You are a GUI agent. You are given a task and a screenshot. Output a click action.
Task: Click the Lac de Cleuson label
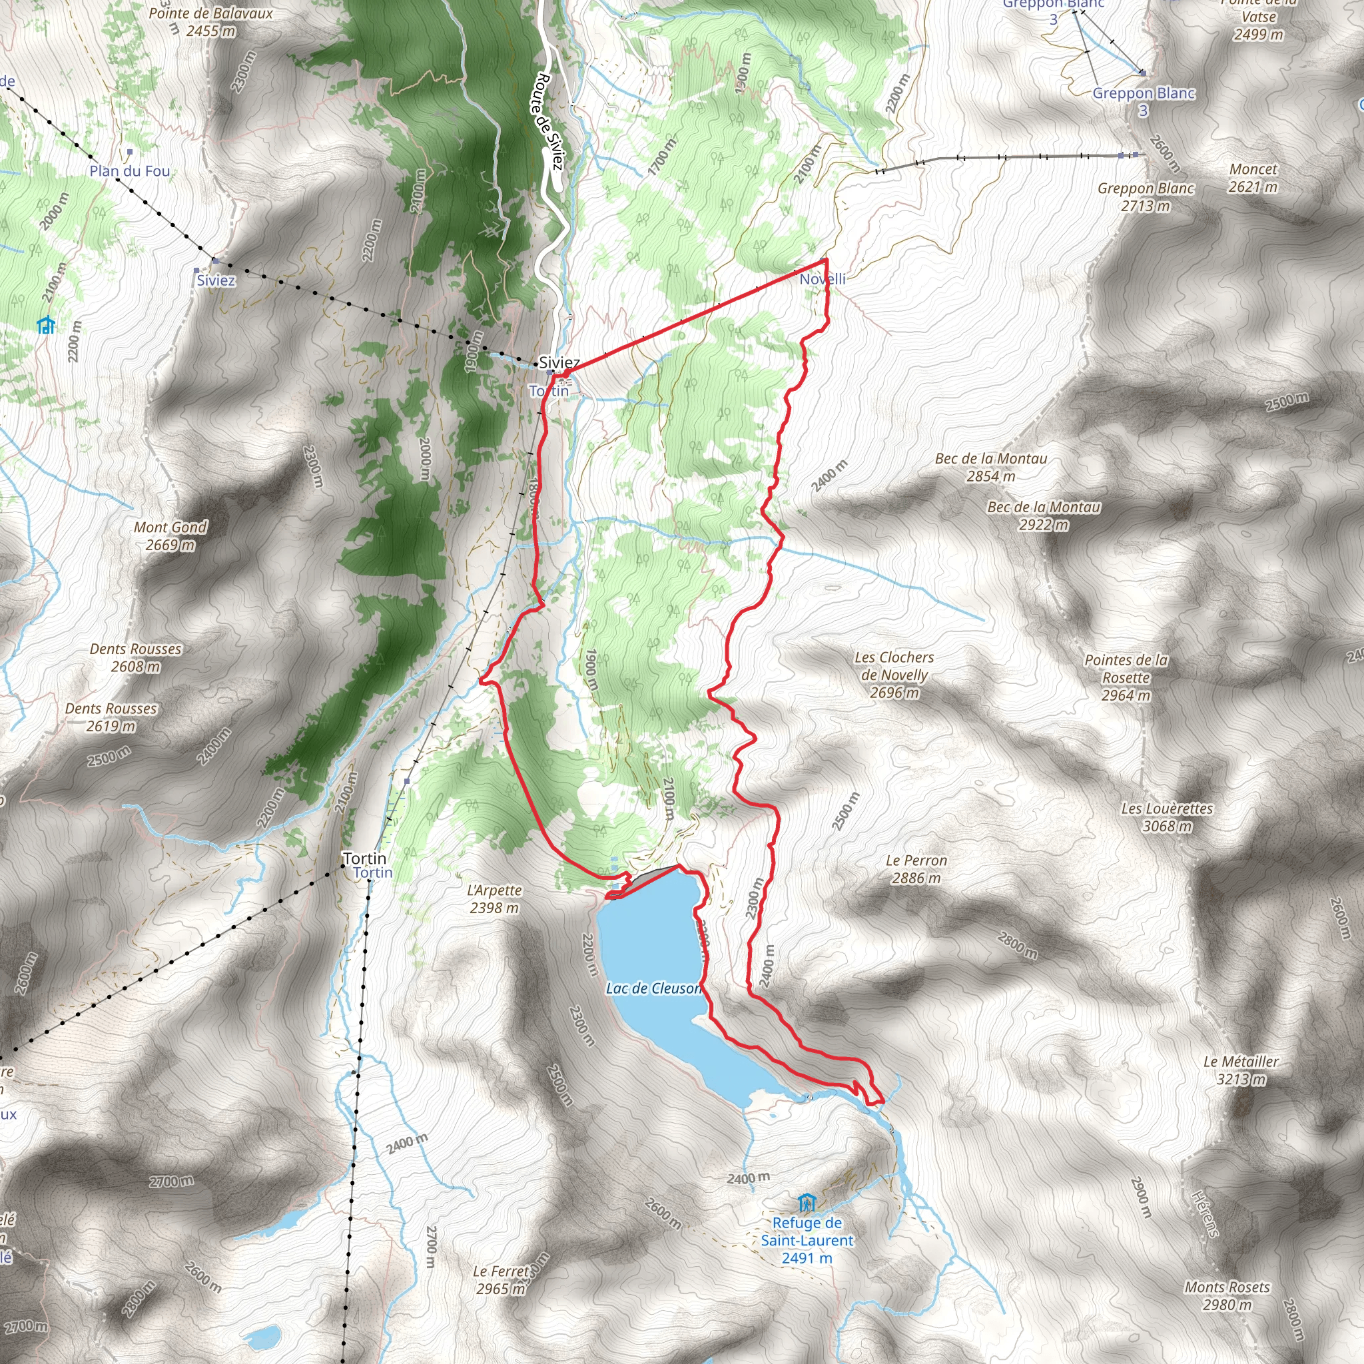pyautogui.click(x=654, y=988)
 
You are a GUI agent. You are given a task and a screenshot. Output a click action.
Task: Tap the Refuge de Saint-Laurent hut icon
pyautogui.click(x=807, y=1202)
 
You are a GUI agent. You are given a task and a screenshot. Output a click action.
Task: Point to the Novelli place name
pyautogui.click(x=823, y=279)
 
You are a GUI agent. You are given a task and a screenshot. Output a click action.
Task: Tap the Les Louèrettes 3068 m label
pyautogui.click(x=1167, y=817)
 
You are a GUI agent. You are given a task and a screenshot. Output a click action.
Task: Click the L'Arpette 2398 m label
pyautogui.click(x=494, y=898)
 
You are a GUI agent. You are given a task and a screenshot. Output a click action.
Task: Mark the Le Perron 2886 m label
pyautogui.click(x=916, y=869)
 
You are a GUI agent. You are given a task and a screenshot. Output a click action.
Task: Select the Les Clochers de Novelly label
pyautogui.click(x=894, y=675)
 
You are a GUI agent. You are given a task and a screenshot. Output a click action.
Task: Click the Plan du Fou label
pyautogui.click(x=130, y=171)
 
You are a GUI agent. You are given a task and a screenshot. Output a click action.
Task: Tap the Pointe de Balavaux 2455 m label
pyautogui.click(x=210, y=22)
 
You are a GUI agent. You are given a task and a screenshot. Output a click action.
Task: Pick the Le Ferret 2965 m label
pyautogui.click(x=501, y=1280)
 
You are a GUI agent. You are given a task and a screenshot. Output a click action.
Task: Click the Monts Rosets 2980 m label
pyautogui.click(x=1227, y=1295)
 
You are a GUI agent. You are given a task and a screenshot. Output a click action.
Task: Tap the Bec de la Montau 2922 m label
pyautogui.click(x=1044, y=515)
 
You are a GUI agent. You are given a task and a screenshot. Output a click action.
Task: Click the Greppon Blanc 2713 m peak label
pyautogui.click(x=1145, y=197)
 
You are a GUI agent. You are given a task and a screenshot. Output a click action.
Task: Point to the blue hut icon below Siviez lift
pyautogui.click(x=46, y=325)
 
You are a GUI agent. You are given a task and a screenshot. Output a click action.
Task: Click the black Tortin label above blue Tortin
pyautogui.click(x=364, y=858)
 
